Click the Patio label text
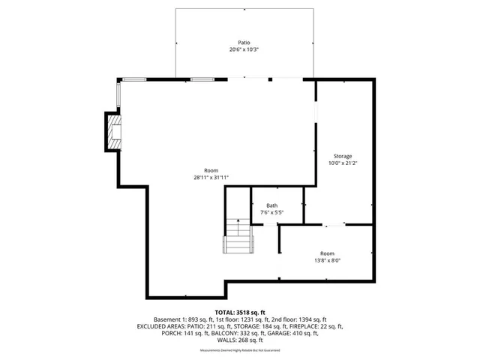point(240,43)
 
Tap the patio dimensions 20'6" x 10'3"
point(240,50)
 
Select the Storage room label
point(343,156)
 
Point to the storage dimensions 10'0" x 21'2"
point(343,163)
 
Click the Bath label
point(271,205)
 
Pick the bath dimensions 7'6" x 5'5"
point(271,212)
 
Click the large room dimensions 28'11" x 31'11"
point(211,178)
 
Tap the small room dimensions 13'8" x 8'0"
point(327,260)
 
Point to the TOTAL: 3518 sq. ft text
point(240,312)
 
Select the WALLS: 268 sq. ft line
point(240,340)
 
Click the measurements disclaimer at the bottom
point(240,351)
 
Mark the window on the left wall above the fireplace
point(118,95)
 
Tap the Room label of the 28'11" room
point(211,170)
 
